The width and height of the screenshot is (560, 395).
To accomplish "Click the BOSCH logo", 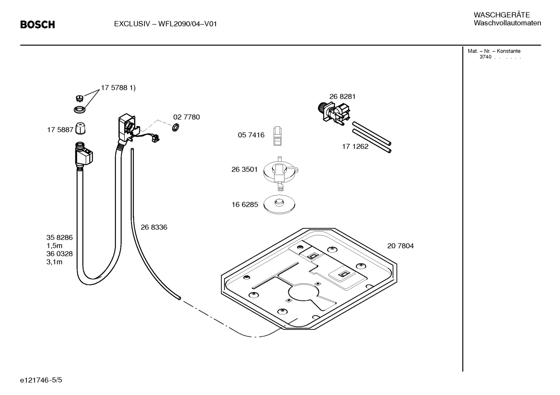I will click(x=37, y=25).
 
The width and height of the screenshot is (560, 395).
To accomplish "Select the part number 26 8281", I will click(x=342, y=97).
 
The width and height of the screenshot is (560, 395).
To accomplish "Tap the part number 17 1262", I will click(x=355, y=147).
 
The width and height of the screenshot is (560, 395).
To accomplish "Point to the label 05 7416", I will click(x=251, y=135).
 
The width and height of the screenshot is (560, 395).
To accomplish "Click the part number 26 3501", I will click(x=244, y=169).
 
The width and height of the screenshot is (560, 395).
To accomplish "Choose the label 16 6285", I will click(x=245, y=205).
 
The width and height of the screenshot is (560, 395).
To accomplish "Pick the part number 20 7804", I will click(x=400, y=246).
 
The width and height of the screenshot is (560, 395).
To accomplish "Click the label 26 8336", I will click(x=154, y=227).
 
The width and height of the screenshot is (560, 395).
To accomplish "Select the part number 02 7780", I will click(x=186, y=117).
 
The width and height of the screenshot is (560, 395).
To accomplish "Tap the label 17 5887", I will click(x=60, y=130).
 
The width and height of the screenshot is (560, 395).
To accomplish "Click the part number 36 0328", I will click(x=59, y=254).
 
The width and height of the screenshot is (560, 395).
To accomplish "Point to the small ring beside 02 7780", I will click(x=175, y=127).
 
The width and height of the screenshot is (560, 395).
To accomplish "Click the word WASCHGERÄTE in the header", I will click(x=501, y=15).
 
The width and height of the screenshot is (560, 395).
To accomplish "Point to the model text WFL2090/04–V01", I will click(x=187, y=24).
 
